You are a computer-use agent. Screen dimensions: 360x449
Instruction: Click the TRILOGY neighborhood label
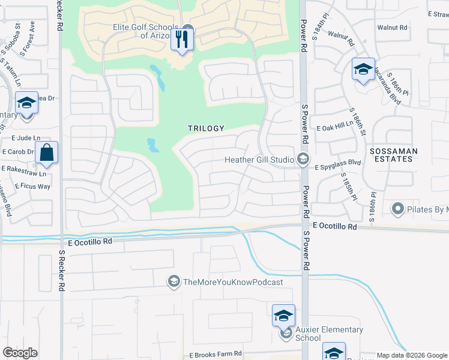[x=206, y=128]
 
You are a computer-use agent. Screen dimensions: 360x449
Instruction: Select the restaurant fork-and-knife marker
[x=181, y=40]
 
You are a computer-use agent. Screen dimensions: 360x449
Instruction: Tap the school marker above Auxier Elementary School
[x=284, y=315]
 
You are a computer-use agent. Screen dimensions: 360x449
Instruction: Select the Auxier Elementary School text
[x=329, y=334]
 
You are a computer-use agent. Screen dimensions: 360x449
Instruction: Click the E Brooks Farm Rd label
[x=215, y=354]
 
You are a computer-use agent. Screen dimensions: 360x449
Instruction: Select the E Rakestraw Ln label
[x=23, y=172]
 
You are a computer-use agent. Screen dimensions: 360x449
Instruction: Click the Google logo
[x=20, y=353]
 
